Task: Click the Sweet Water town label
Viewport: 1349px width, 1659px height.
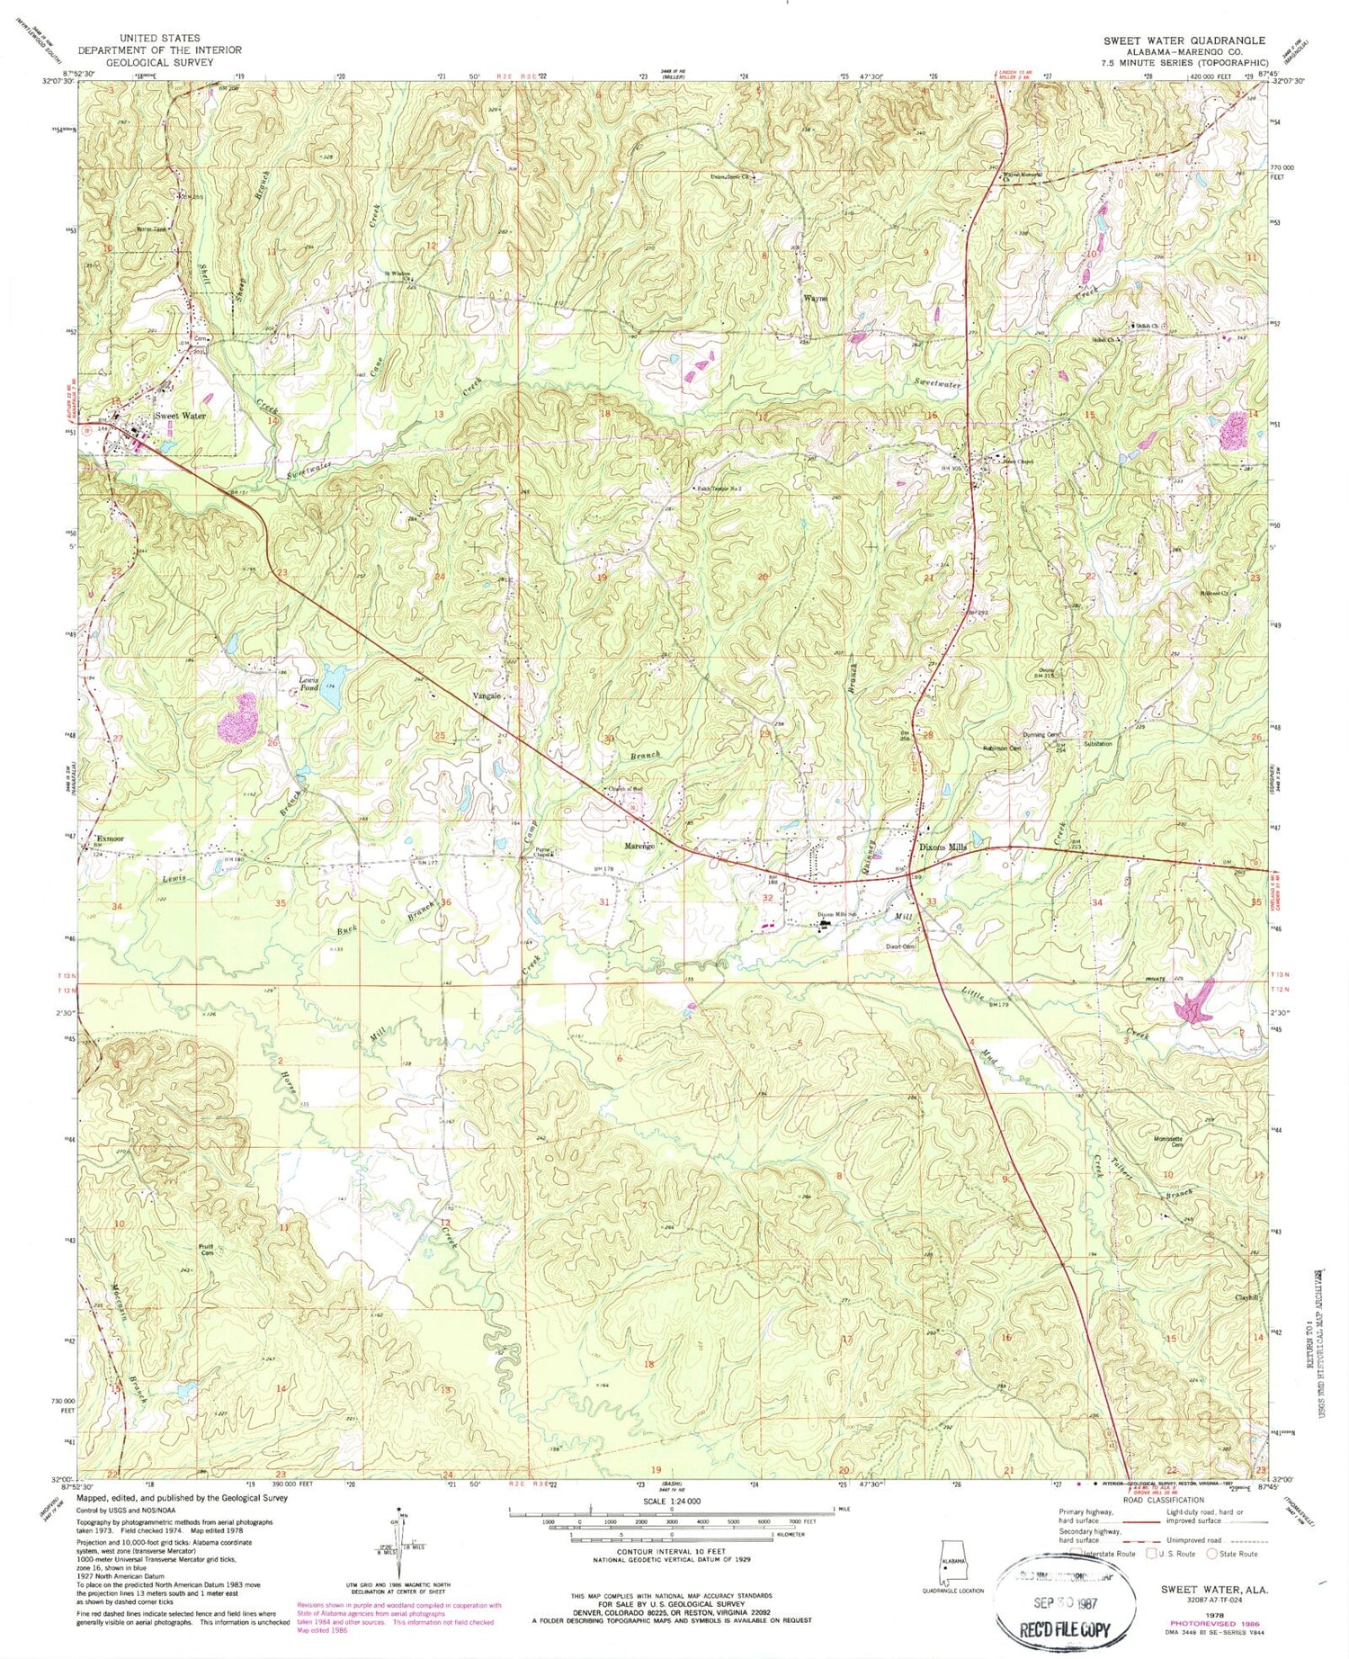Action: pos(180,417)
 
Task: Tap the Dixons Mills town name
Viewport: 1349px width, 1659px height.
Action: pos(943,847)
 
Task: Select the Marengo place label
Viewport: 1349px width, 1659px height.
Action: pos(639,847)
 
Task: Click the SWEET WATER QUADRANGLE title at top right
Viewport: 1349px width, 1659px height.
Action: pos(1184,40)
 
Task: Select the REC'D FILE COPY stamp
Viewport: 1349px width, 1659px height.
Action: pos(1065,1629)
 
